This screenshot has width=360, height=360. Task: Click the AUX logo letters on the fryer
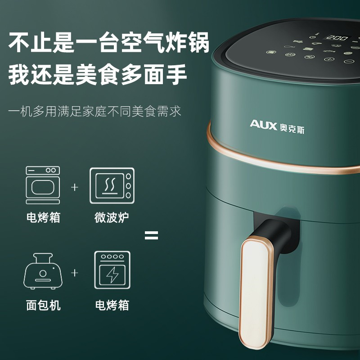click(263, 125)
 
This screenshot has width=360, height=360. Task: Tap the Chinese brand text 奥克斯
click(292, 128)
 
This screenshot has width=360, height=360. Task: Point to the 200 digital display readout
click(337, 37)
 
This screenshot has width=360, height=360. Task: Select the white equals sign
click(151, 235)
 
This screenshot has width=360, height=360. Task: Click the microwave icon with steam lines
click(112, 185)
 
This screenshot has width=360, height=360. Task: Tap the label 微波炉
click(112, 217)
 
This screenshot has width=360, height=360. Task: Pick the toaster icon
click(43, 271)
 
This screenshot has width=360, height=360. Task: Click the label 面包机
click(43, 305)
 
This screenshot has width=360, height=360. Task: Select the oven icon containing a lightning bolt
click(112, 270)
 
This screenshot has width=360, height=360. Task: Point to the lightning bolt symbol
click(112, 275)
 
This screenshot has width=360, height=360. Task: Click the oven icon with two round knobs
click(43, 185)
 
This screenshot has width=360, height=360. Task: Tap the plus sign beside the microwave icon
click(75, 187)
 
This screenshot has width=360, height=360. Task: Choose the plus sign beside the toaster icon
click(75, 273)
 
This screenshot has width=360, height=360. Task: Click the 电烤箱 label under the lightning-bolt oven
click(112, 305)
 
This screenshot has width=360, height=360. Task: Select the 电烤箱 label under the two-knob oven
click(43, 217)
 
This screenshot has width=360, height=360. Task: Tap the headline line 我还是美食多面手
click(97, 75)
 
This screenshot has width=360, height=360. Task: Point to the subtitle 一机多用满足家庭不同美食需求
click(95, 111)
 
